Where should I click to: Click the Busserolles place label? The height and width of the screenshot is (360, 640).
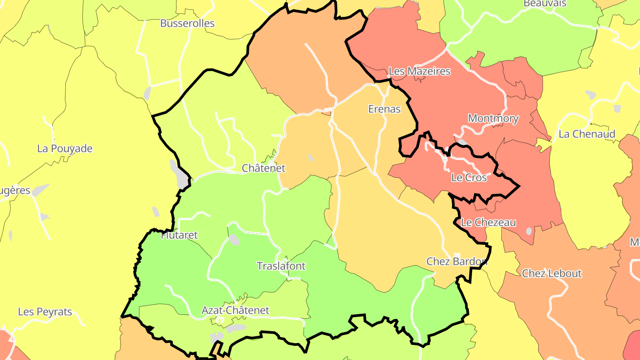click(x=187, y=24)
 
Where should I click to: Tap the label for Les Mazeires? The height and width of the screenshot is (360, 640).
click(x=420, y=71)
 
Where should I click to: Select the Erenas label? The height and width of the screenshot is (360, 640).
click(x=384, y=109)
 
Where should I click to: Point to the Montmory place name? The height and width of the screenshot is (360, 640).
click(x=493, y=119)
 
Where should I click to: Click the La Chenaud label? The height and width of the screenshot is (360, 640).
click(x=587, y=134)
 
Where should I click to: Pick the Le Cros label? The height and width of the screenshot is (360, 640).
click(x=469, y=178)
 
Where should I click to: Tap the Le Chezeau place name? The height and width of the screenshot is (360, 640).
click(x=488, y=222)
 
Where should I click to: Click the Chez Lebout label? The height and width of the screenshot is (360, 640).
click(x=552, y=273)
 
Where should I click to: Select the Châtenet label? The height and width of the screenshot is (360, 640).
click(x=263, y=168)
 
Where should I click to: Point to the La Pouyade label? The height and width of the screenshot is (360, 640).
click(x=65, y=148)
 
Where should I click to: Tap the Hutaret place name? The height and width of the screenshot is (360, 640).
click(x=179, y=235)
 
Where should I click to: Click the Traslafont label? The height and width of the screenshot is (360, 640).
click(x=281, y=266)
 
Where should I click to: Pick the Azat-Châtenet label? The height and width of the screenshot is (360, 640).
click(x=235, y=310)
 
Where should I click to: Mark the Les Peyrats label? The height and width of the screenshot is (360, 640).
click(x=45, y=312)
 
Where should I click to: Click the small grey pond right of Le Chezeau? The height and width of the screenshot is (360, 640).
click(x=528, y=231)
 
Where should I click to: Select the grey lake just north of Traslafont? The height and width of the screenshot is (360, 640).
click(x=234, y=240)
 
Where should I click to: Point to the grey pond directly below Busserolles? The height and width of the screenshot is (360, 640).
click(x=147, y=93)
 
